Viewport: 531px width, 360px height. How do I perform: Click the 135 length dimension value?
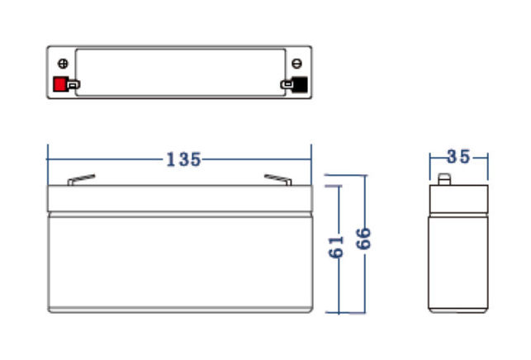pos(184,159)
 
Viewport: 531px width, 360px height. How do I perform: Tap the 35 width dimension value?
pos(458,157)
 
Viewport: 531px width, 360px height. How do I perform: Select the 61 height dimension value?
pos(336,247)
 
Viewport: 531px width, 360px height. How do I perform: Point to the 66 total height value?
pos(363,239)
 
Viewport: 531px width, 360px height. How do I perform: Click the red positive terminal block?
pos(59,84)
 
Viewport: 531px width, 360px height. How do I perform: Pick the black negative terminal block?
pos(300,85)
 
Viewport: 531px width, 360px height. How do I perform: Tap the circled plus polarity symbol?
pos(63,64)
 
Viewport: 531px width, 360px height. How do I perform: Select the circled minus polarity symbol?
pos(297,64)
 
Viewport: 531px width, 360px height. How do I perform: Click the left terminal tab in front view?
pos(81,180)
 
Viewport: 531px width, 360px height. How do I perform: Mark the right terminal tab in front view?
pos(278,180)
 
